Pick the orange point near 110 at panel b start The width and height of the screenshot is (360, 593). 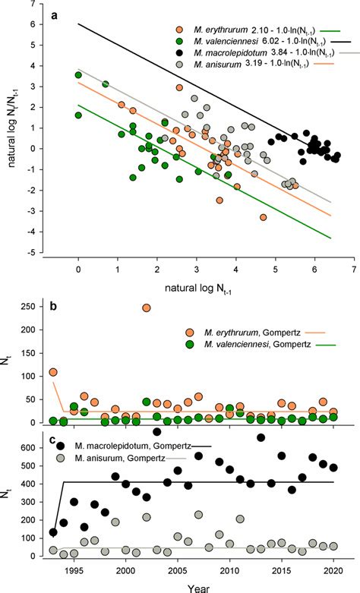[x=53, y=372]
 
